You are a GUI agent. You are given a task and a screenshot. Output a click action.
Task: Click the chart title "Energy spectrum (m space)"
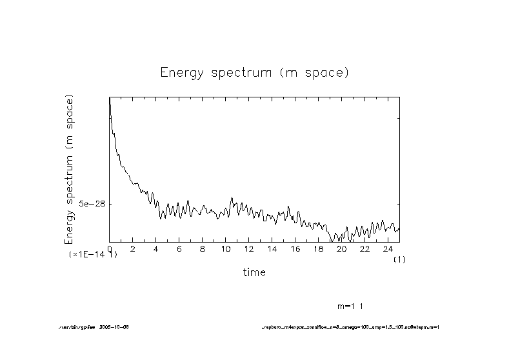[254, 72]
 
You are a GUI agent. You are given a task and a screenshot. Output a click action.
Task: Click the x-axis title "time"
[254, 272]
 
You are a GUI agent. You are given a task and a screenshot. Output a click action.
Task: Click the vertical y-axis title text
[70, 169]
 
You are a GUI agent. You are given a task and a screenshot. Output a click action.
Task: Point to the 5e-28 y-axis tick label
[92, 204]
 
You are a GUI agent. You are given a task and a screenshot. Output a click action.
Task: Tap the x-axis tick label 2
[133, 249]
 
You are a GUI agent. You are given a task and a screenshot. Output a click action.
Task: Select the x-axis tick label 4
[156, 249]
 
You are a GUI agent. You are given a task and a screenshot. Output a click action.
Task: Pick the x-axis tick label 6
[179, 249]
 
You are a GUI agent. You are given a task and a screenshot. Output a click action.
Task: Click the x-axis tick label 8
[203, 249]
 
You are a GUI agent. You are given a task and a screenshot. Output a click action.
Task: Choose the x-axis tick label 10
[226, 249]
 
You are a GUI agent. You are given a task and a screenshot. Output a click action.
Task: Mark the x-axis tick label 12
[249, 249]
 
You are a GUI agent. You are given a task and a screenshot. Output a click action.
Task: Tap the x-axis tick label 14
[272, 249]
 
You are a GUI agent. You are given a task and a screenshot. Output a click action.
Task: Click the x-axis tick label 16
[295, 249]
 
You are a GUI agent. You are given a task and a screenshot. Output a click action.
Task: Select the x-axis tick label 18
[319, 249]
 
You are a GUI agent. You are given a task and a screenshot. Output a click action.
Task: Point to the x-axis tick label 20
[342, 249]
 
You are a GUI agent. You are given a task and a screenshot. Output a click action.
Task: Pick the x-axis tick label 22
[365, 249]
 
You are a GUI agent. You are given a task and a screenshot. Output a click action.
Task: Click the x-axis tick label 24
[388, 249]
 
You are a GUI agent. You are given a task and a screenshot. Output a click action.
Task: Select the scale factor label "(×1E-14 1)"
[93, 255]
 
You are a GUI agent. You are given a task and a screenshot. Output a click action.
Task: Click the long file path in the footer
[350, 327]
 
